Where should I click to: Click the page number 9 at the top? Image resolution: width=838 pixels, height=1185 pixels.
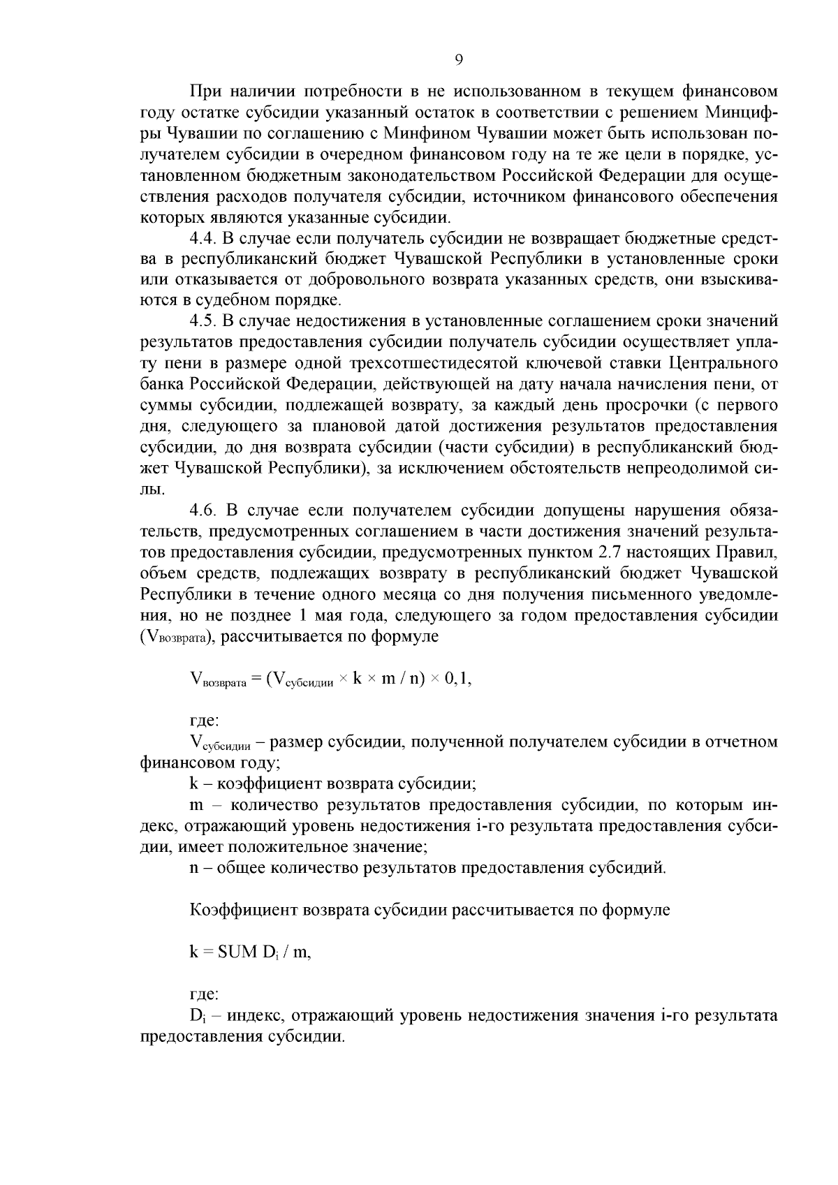(459, 60)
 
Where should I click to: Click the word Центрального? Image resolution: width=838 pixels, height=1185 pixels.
(723, 363)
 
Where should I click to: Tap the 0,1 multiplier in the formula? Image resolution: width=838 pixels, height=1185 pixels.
(458, 679)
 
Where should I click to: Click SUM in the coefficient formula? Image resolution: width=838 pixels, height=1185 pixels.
(239, 952)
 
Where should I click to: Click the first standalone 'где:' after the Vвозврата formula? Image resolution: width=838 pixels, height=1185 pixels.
(205, 720)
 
